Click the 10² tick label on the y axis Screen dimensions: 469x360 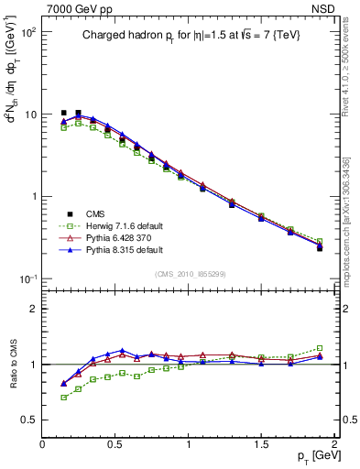27,32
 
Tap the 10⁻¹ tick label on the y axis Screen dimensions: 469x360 27,278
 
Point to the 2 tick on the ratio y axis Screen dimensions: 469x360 33,309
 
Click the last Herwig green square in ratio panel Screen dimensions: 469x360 320,348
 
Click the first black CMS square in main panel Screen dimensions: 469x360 64,113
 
